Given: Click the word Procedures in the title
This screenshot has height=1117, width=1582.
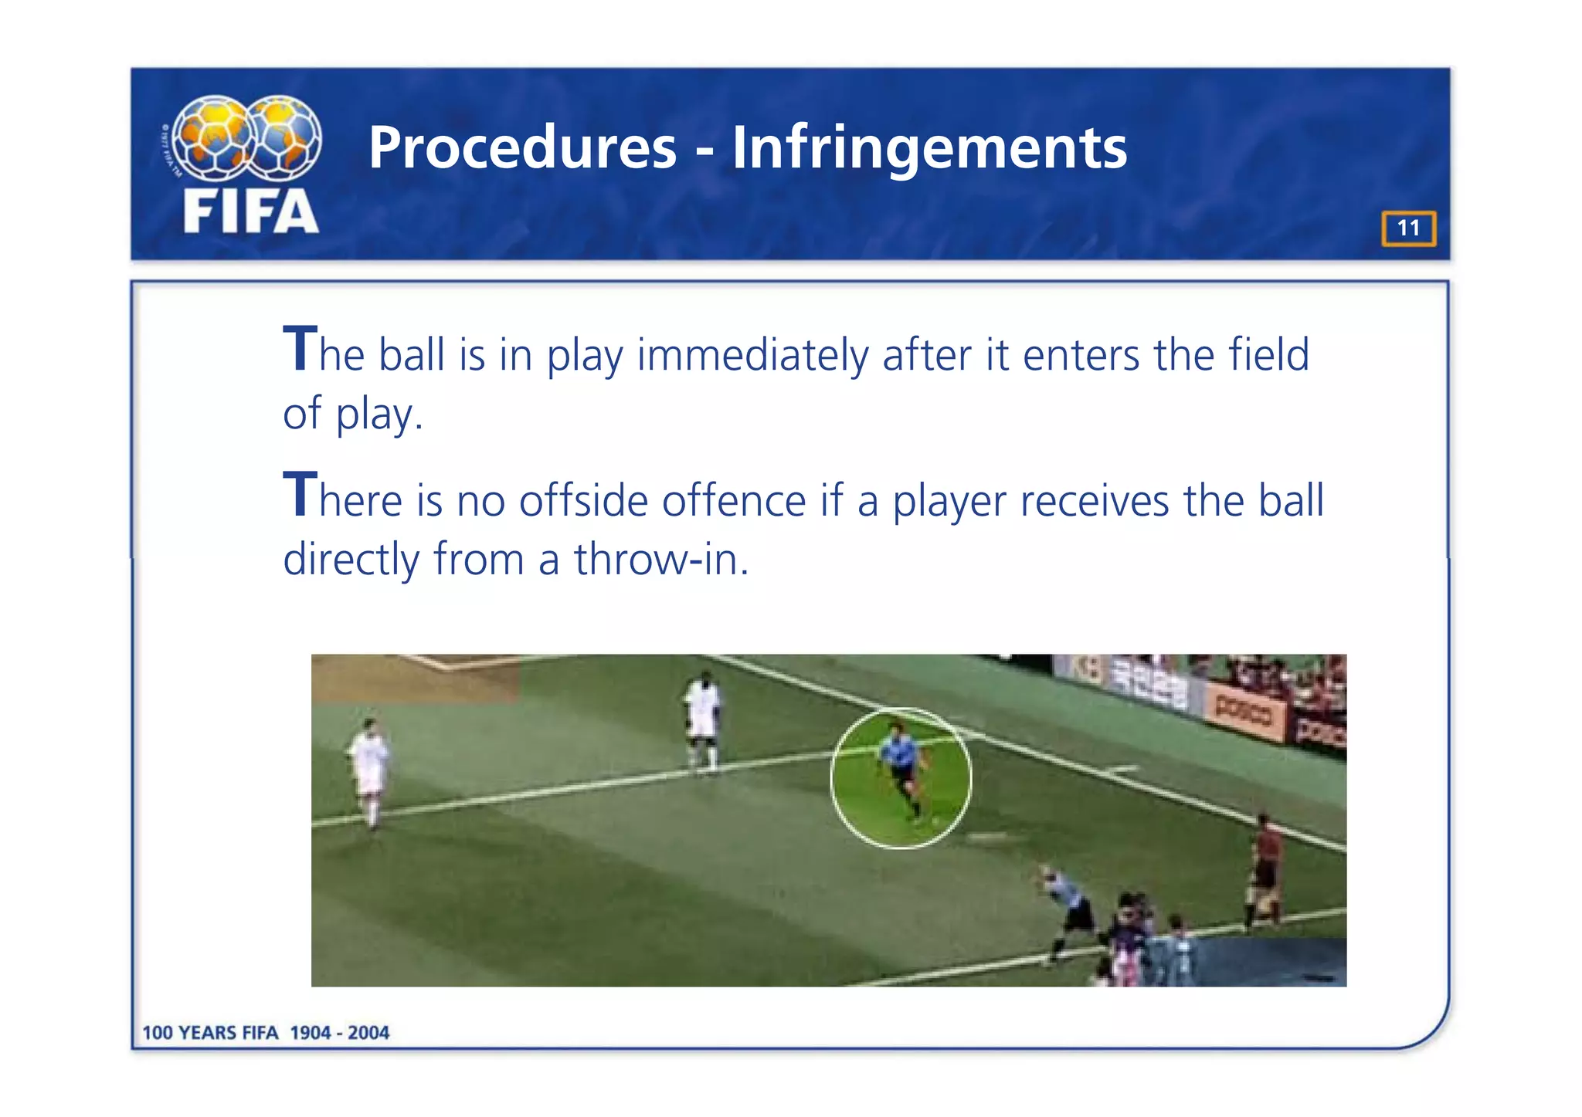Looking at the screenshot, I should (x=522, y=148).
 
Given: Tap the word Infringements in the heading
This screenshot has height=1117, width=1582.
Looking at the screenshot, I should (x=929, y=148).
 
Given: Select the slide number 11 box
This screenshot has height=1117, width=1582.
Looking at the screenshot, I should (x=1408, y=228).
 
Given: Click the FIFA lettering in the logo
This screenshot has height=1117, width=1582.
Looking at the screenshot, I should (x=251, y=212).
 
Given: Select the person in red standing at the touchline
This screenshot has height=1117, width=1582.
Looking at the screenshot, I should (x=1265, y=868).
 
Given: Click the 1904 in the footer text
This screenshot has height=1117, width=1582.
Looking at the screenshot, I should (x=311, y=1033).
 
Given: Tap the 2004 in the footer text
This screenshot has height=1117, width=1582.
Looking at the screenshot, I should (x=368, y=1033).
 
